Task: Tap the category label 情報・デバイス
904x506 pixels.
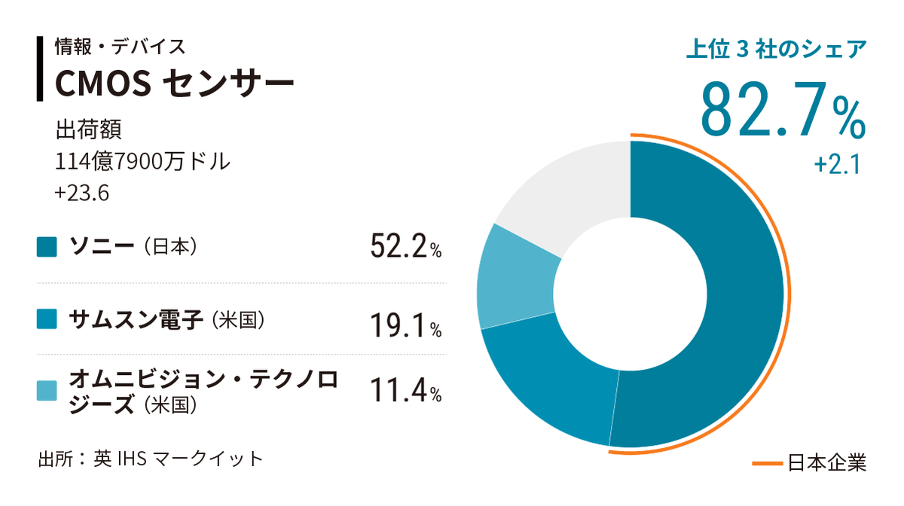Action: [120, 47]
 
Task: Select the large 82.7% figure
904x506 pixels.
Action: [783, 110]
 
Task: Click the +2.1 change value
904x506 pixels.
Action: [836, 165]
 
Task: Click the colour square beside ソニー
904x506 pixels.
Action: [47, 247]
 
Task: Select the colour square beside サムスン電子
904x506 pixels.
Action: [47, 320]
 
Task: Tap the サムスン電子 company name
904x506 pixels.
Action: [136, 319]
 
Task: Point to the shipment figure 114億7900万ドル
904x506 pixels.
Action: [143, 161]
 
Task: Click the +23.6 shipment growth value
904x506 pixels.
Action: [82, 194]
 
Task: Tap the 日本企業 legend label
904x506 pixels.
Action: [827, 462]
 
